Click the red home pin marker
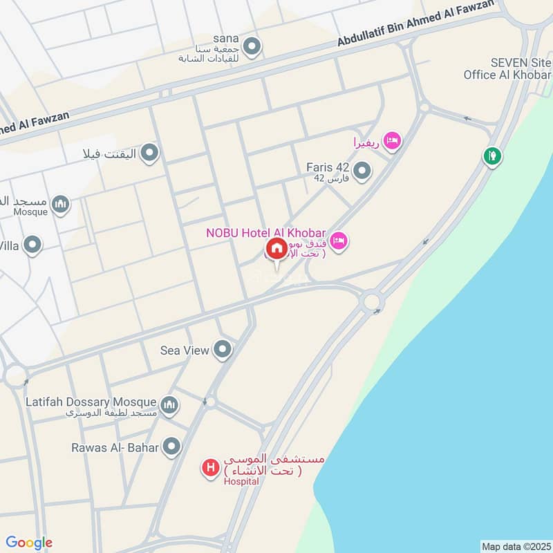(x=276, y=249)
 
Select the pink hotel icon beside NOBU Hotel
(x=339, y=241)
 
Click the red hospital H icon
(x=210, y=468)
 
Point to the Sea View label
(x=184, y=350)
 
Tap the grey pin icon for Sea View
(x=222, y=350)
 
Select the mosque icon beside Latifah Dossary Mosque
(x=169, y=404)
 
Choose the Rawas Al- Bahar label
(x=115, y=447)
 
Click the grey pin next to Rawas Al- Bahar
(x=171, y=447)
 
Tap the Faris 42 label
(x=328, y=167)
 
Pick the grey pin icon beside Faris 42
(x=362, y=170)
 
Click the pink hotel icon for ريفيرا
(x=391, y=141)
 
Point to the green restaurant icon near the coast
(x=492, y=156)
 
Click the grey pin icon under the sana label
(x=252, y=47)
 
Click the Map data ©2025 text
(x=514, y=547)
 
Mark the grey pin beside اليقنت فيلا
(x=149, y=153)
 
